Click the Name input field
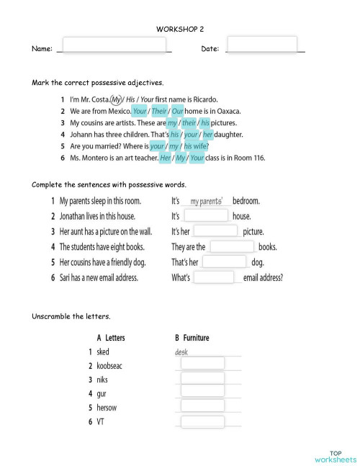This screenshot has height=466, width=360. click(114, 45)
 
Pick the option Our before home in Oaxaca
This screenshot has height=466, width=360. click(179, 111)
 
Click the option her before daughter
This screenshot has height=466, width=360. click(208, 134)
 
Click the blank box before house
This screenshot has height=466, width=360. click(206, 216)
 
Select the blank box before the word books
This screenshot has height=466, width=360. click(232, 246)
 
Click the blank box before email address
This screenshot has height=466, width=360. click(214, 277)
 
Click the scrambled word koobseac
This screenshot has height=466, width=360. click(109, 366)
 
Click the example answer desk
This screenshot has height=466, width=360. click(181, 352)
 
